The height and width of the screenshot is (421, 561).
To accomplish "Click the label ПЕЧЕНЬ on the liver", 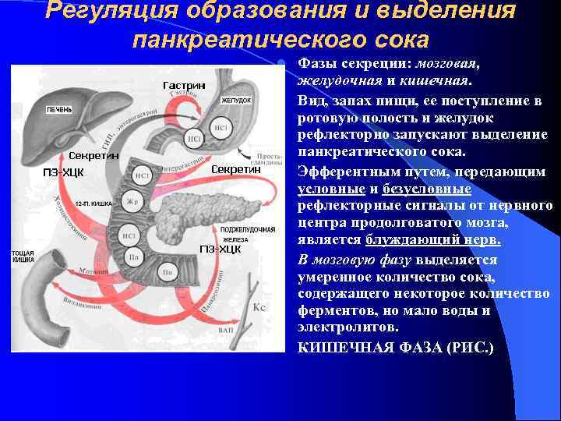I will (x=59, y=109).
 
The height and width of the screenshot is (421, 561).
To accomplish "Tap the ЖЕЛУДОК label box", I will (x=235, y=101).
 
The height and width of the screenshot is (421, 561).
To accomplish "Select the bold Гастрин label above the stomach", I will (x=184, y=84).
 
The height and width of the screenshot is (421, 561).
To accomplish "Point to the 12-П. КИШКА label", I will (x=94, y=203).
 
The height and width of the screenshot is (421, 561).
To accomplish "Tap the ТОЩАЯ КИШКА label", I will (x=23, y=257).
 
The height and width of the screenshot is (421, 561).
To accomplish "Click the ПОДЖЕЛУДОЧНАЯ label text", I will (x=248, y=230).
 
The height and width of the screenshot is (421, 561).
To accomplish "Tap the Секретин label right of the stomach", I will (x=236, y=169).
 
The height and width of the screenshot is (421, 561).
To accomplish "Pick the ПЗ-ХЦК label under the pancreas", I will (x=221, y=249).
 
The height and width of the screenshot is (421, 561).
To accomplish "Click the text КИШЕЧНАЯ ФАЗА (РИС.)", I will (x=396, y=345).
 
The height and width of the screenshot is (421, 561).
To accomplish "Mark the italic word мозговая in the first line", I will (x=448, y=65).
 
